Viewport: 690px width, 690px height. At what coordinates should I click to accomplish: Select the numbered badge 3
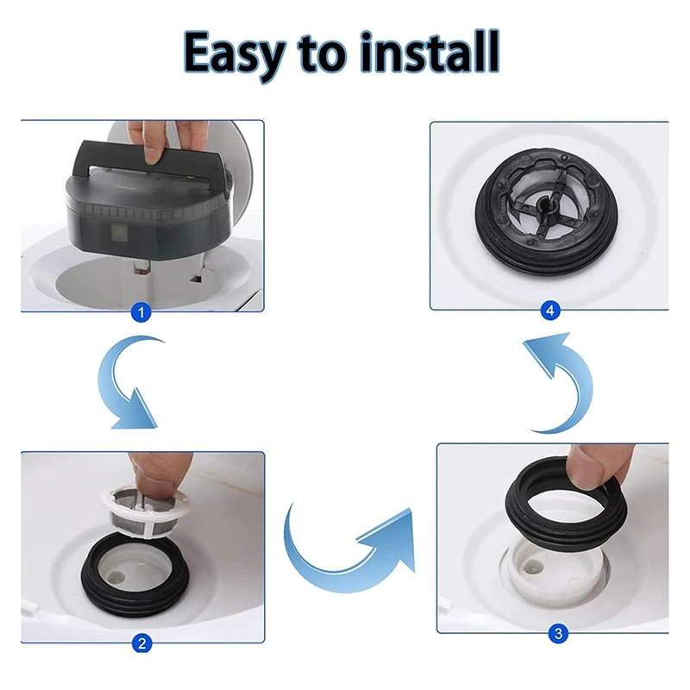pos(559,635)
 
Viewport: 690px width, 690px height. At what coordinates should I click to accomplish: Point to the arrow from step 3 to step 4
pos(560,379)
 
